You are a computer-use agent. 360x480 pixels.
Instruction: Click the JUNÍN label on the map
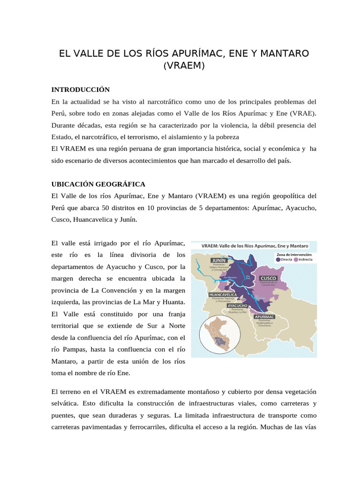click(218, 260)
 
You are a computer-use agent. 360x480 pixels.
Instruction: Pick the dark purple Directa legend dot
click(278, 259)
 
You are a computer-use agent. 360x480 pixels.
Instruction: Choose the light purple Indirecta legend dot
click(296, 259)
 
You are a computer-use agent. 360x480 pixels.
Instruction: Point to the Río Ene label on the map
click(248, 277)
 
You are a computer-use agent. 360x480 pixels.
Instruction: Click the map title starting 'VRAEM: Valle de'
click(255, 246)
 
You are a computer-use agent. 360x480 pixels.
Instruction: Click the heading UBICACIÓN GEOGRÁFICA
click(98, 184)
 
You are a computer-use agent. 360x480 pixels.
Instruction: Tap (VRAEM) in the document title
click(184, 66)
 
